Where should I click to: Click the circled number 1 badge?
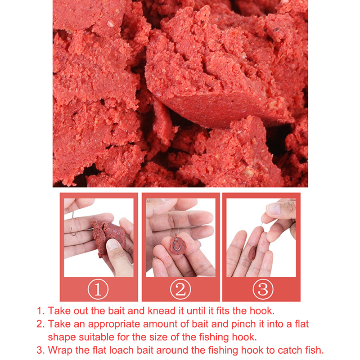point(98,289)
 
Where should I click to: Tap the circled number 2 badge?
point(180,289)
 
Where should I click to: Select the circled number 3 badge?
point(263,289)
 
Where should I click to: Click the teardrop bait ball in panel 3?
point(252,253)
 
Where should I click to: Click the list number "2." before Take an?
point(40,324)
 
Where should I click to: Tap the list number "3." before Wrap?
point(40,351)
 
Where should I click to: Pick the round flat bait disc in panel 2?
point(178,245)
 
